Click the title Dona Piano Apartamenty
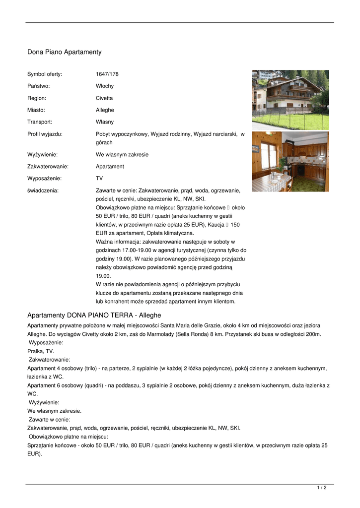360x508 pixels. [x=64, y=52]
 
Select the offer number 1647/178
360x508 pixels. [x=107, y=74]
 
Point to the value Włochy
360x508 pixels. [x=105, y=86]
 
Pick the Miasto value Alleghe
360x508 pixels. [x=105, y=110]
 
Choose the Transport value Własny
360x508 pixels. [x=105, y=122]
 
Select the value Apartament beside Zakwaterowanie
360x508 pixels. [x=110, y=167]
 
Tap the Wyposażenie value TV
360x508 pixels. [x=99, y=179]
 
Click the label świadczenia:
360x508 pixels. [x=43, y=190]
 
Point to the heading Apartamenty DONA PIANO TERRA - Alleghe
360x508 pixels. [x=94, y=316]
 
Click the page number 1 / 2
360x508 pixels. [x=322, y=488]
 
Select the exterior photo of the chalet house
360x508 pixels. [x=290, y=100]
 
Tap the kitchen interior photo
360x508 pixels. [x=290, y=162]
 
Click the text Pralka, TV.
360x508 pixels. [x=41, y=351]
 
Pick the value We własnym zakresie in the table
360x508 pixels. [x=122, y=155]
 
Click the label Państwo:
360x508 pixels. [x=38, y=86]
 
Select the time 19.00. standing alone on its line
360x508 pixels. [x=103, y=276]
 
